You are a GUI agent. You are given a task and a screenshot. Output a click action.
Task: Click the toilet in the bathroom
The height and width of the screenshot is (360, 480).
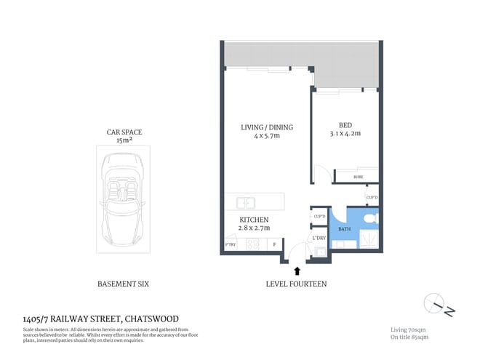click(370, 217)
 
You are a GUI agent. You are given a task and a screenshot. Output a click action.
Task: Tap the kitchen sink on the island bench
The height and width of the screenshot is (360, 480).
click(245, 203)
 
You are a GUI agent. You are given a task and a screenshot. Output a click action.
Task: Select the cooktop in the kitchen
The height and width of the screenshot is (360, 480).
click(253, 244)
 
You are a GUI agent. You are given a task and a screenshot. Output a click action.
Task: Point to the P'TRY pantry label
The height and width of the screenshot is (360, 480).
click(232, 244)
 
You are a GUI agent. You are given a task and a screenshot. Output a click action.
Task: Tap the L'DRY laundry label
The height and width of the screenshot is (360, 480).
click(319, 238)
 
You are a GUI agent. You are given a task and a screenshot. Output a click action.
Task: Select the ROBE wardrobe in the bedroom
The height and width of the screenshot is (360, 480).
click(358, 176)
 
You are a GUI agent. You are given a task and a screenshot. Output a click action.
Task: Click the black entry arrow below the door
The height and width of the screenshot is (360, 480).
click(296, 270)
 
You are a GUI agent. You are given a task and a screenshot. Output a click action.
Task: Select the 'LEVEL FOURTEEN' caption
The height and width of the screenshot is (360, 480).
click(296, 284)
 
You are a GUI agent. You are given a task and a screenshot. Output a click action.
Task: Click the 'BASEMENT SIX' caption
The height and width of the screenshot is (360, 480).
click(123, 284)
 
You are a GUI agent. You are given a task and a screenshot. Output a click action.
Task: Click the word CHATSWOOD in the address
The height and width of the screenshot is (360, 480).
click(151, 319)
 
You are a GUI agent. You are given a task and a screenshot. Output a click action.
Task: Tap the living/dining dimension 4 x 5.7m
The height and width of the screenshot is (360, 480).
click(267, 136)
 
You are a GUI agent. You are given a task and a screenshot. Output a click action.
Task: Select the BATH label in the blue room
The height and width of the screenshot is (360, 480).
click(344, 230)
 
